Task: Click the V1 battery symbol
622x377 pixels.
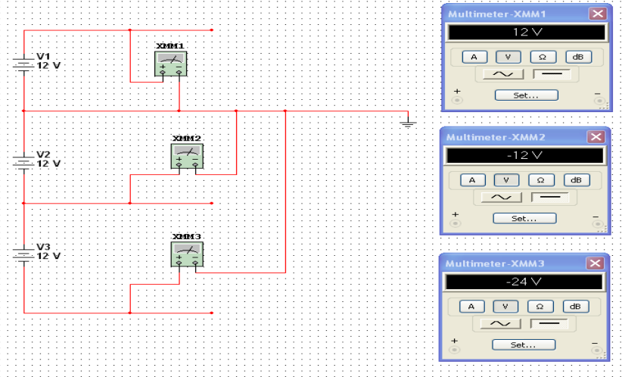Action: (23, 64)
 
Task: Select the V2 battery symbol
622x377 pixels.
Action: (23, 162)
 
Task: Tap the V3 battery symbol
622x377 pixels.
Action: (23, 254)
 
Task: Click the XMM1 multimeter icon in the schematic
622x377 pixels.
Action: (170, 64)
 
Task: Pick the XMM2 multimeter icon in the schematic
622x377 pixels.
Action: (187, 156)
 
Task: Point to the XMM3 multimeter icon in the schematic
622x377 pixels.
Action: (187, 254)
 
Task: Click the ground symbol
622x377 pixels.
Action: (408, 124)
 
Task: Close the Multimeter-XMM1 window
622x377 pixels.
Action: (598, 14)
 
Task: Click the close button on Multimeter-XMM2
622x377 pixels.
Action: (596, 137)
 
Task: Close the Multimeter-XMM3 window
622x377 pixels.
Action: (595, 263)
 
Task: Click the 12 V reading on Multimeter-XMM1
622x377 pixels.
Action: (527, 32)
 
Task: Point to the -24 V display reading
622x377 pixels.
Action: (524, 282)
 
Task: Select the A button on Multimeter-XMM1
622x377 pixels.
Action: (474, 57)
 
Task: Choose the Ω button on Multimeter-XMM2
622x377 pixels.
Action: (541, 180)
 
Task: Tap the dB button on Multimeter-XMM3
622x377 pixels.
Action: (575, 307)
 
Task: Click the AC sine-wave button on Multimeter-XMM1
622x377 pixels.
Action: (503, 74)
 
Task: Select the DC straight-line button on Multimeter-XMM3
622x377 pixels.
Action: (549, 323)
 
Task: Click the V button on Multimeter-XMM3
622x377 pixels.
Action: (505, 307)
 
